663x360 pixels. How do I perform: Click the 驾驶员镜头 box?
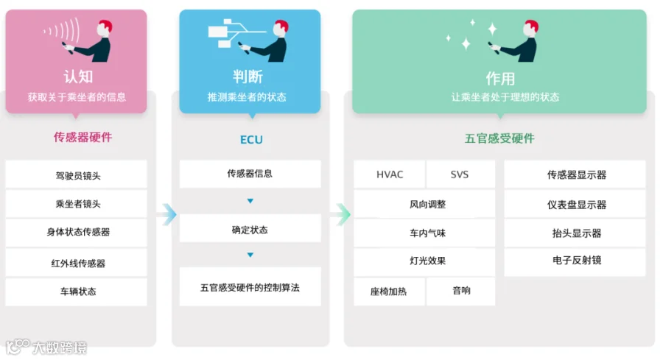[x=76, y=175]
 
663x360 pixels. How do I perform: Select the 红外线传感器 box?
[x=76, y=263]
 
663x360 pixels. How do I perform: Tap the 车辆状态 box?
[x=76, y=292]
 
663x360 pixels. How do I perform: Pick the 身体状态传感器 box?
[x=76, y=233]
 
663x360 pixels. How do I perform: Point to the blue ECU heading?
[x=250, y=140]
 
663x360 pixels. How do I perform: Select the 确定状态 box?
[x=250, y=230]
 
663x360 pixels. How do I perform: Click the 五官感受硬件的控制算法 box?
[x=250, y=287]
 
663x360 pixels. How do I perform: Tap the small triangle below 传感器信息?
[x=250, y=201]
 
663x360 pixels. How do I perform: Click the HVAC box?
[x=390, y=174]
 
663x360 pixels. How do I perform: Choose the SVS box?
[x=459, y=174]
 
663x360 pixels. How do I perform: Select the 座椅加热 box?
[x=388, y=292]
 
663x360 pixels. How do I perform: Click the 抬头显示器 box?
[x=576, y=233]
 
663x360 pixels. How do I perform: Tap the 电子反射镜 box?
[x=576, y=261]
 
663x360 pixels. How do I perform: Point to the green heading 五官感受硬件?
[x=499, y=138]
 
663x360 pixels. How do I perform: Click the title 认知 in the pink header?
[x=77, y=77]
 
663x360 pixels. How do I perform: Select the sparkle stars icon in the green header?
[x=471, y=35]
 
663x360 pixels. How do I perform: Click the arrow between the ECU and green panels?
[x=339, y=214]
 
